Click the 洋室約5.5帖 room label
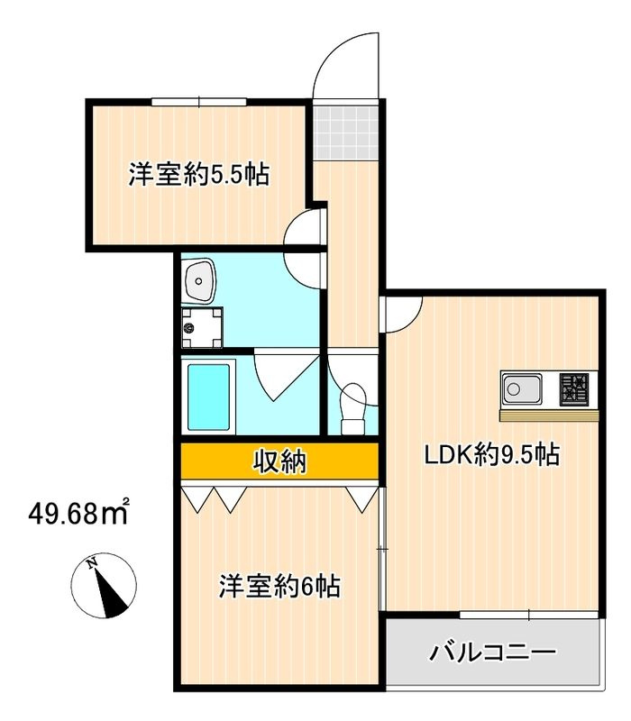pyautogui.click(x=198, y=174)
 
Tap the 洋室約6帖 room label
pyautogui.click(x=279, y=587)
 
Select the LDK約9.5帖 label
pyautogui.click(x=491, y=454)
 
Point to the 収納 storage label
pyautogui.click(x=279, y=461)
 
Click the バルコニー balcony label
pyautogui.click(x=492, y=652)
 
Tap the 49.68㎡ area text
pyautogui.click(x=78, y=513)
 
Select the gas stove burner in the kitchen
pyautogui.click(x=574, y=389)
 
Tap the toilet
pyautogui.click(x=352, y=409)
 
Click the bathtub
pyautogui.click(x=209, y=397)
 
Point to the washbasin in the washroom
pyautogui.click(x=198, y=281)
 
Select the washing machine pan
pyautogui.click(x=202, y=327)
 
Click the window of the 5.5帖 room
pyautogui.click(x=198, y=102)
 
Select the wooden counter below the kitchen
pyautogui.click(x=550, y=415)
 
